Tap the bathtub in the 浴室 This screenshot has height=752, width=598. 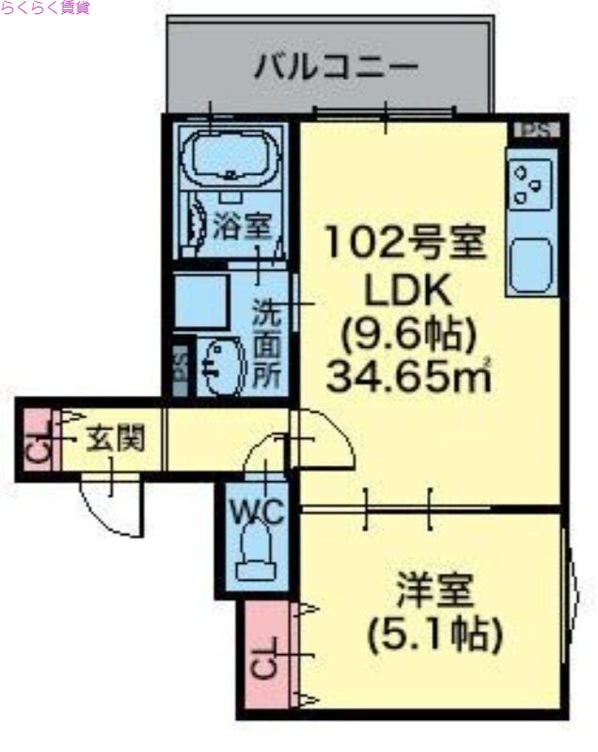click(x=231, y=158)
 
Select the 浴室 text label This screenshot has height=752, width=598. click(x=241, y=226)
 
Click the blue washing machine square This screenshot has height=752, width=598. click(x=201, y=301)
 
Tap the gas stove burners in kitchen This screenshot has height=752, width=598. click(x=529, y=185)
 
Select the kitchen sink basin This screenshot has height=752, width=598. click(x=530, y=265)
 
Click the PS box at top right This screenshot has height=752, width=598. click(x=534, y=130)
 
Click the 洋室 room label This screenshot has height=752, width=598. click(x=433, y=594)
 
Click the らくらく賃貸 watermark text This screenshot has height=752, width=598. click(x=45, y=8)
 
